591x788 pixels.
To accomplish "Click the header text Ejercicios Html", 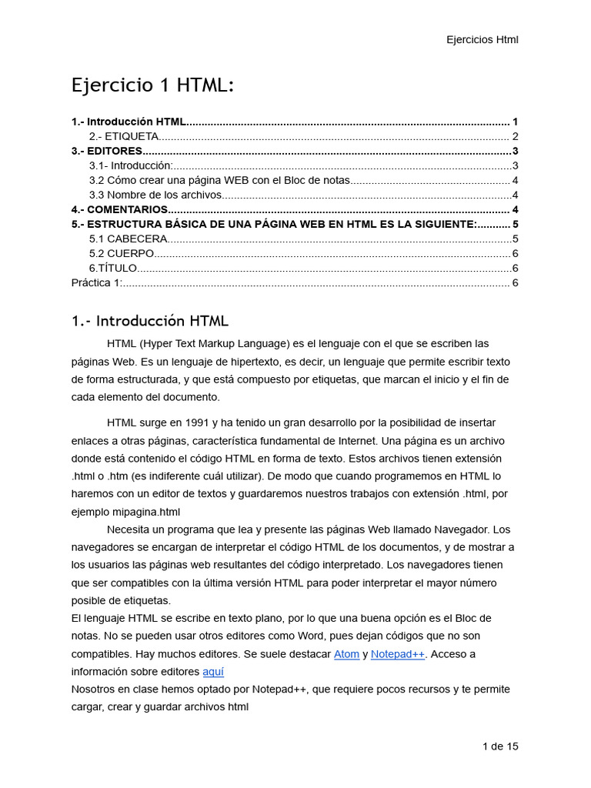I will pyautogui.click(x=482, y=40).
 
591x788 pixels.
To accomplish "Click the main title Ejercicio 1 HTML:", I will pyautogui.click(x=152, y=85).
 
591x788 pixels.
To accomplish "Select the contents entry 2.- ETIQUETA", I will pyautogui.click(x=124, y=136).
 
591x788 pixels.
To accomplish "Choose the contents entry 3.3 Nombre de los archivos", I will pyautogui.click(x=155, y=195).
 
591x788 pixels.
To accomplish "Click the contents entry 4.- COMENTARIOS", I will pyautogui.click(x=119, y=209).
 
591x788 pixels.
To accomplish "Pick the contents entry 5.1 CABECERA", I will pyautogui.click(x=128, y=239).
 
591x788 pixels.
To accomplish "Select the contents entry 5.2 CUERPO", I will pyautogui.click(x=122, y=253).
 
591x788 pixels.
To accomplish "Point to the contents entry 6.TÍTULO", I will pyautogui.click(x=113, y=268).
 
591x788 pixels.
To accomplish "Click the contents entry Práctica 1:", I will pyautogui.click(x=96, y=282).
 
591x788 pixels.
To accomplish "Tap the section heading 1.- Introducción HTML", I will pyautogui.click(x=149, y=321).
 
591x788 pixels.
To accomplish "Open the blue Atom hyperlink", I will pyautogui.click(x=346, y=654).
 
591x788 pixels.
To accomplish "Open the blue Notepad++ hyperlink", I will pyautogui.click(x=398, y=654).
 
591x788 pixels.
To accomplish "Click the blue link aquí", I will pyautogui.click(x=213, y=672).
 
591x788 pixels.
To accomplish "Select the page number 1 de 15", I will pyautogui.click(x=500, y=746).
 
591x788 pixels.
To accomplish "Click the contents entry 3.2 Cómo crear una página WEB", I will pyautogui.click(x=219, y=180).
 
